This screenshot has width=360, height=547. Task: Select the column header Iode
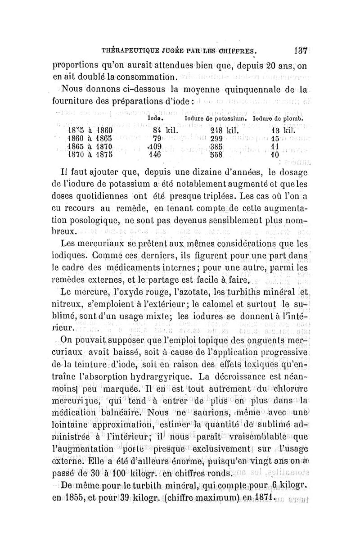(155, 118)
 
